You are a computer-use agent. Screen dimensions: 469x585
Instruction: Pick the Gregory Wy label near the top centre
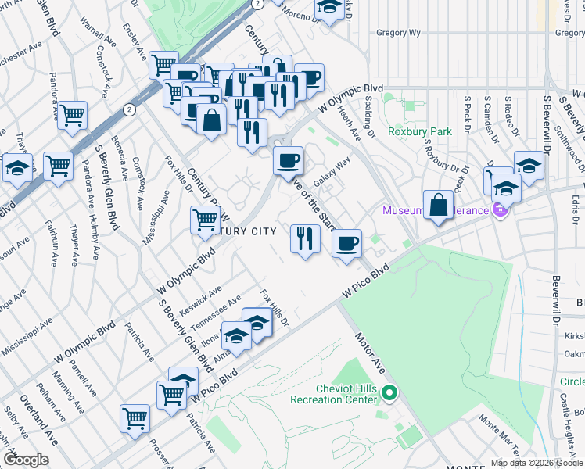(397, 33)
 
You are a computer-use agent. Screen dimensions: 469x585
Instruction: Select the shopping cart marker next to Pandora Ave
(73, 115)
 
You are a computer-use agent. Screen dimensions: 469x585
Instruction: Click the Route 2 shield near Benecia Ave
(127, 109)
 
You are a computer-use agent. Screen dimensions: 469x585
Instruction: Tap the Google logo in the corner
(26, 460)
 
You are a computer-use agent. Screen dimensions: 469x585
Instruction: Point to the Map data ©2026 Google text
(537, 463)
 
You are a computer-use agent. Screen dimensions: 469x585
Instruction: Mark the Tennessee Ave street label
(222, 313)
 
